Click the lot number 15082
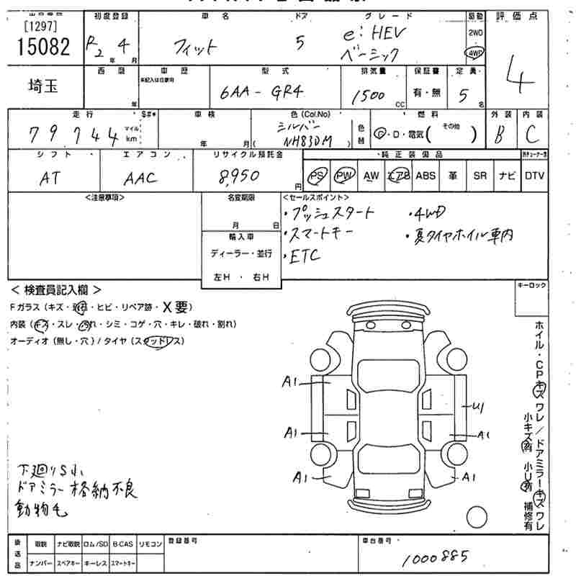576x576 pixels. pos(41,47)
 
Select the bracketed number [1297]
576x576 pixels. pos(41,26)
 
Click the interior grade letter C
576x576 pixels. pos(531,135)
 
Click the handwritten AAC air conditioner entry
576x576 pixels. pos(140,179)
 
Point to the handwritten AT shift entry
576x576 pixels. pos(49,179)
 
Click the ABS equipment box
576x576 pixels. pos(426,176)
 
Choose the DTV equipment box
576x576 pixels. pos(534,176)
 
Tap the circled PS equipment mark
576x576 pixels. pos(315,176)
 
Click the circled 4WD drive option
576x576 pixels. pos(475,53)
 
